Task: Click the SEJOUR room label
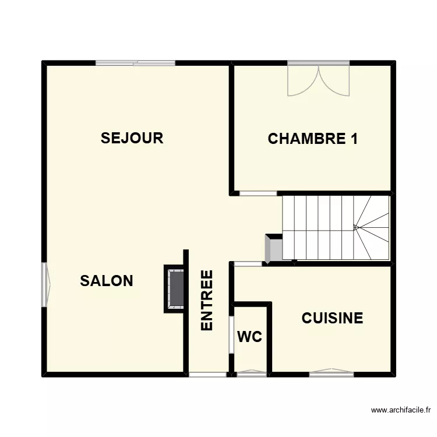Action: tap(132, 138)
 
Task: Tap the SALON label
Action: tap(107, 281)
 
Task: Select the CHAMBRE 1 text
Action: tap(312, 139)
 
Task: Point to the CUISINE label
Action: tap(332, 318)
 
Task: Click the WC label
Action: tap(249, 337)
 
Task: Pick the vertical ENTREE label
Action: tap(207, 301)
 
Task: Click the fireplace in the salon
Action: tap(175, 288)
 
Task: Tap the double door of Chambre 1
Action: tap(318, 80)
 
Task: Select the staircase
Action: tap(336, 227)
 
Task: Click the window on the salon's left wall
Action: tap(45, 284)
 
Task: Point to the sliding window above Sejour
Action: tap(136, 63)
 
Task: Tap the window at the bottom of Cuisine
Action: tap(331, 373)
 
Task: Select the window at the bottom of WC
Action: tap(252, 373)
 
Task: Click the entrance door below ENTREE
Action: tap(208, 374)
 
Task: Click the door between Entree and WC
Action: tap(231, 334)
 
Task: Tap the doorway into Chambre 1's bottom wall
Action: tap(259, 193)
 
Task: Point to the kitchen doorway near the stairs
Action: tap(249, 264)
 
